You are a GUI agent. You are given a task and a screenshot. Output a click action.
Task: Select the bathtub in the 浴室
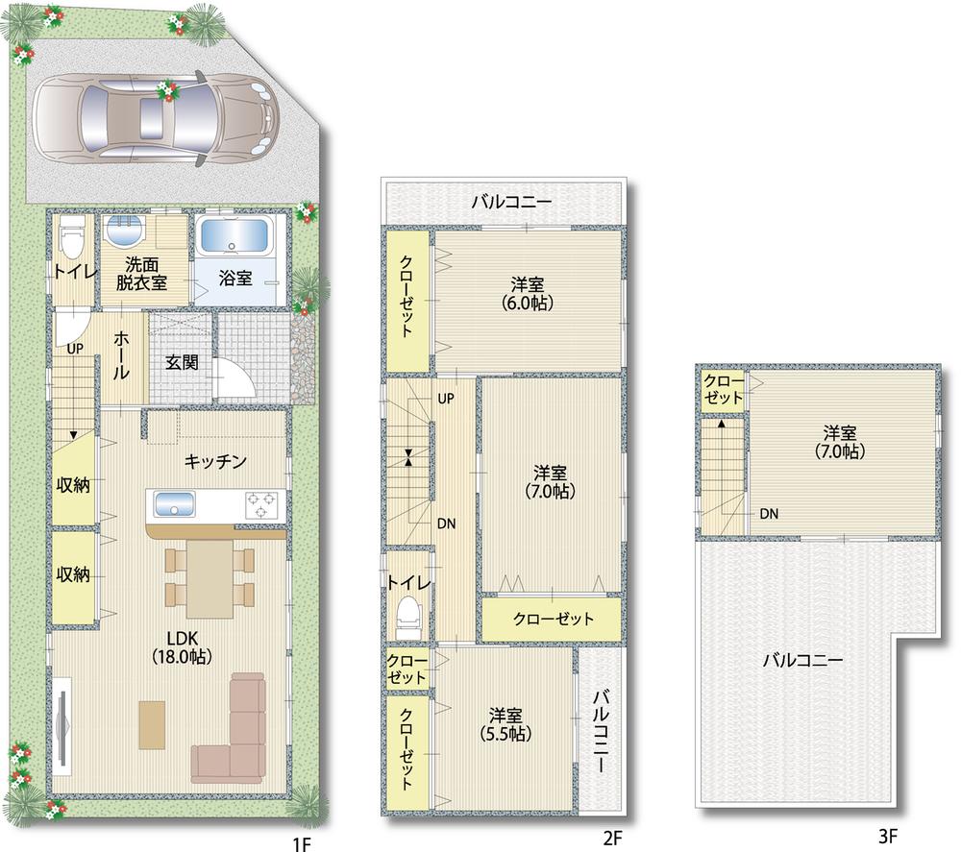[x=235, y=237]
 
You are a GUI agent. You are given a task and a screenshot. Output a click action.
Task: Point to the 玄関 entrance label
[x=181, y=364]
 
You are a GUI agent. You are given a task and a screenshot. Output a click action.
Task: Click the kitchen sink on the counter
[x=175, y=502]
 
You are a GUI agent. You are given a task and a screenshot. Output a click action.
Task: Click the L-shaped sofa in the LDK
[x=236, y=732]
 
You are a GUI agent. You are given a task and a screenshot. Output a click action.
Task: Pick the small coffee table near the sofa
[x=151, y=723]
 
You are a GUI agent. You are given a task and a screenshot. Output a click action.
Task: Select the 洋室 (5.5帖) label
[x=505, y=724]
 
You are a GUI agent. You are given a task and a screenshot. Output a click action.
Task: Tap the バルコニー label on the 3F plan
[x=802, y=661]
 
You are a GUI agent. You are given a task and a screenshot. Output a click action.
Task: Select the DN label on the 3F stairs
[x=769, y=514]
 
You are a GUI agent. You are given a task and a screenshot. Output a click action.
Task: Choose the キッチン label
[x=216, y=462]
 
